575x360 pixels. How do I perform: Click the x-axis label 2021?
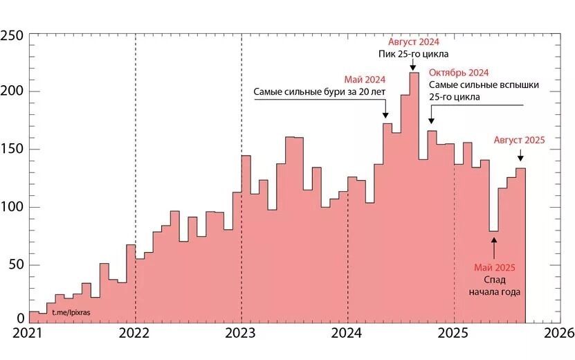[x=29, y=333]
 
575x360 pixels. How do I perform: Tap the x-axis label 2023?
[x=241, y=333]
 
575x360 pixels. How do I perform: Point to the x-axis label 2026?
[x=559, y=333]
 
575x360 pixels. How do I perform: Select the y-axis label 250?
[x=13, y=36]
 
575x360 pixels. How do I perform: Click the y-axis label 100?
[x=13, y=207]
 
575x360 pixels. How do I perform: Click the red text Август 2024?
[x=414, y=42]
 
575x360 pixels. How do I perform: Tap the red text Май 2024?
[x=365, y=78]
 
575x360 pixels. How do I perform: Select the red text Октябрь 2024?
[x=459, y=73]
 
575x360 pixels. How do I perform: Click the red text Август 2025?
[x=520, y=140]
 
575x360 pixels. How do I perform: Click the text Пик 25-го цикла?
[x=414, y=54]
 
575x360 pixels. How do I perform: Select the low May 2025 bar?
[x=493, y=277]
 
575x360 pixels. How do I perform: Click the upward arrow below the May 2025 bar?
[x=494, y=246]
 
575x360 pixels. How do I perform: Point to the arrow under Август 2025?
[x=520, y=155]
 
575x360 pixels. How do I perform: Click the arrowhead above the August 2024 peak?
[x=414, y=67]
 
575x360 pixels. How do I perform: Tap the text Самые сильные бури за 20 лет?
[x=319, y=91]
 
